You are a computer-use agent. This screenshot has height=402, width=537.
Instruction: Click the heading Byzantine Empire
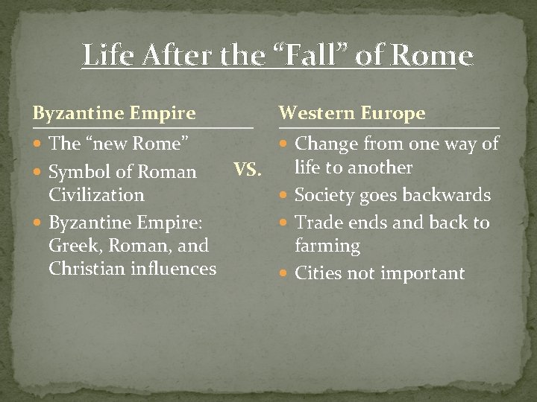[x=113, y=113]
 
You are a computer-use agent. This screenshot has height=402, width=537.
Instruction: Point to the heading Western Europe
[x=352, y=113]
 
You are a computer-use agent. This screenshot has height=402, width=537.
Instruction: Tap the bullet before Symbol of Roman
[x=38, y=173]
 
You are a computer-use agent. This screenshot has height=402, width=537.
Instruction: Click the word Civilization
[x=96, y=195]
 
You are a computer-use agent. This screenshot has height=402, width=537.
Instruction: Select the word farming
[x=327, y=246]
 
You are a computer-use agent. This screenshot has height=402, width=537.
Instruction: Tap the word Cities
[x=318, y=273]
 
